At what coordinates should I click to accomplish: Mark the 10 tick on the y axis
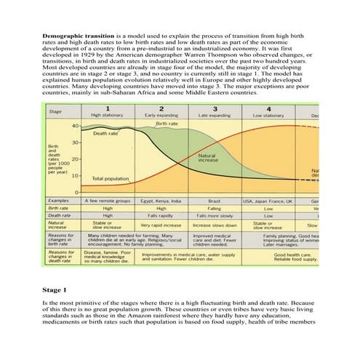point(76,175)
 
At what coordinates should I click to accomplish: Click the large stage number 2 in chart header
point(160,108)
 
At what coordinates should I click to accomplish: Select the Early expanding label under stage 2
point(160,116)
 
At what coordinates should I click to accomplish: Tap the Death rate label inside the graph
point(106,134)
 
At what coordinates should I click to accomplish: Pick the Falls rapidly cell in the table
point(161,215)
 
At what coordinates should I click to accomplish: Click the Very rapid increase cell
point(161,225)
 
